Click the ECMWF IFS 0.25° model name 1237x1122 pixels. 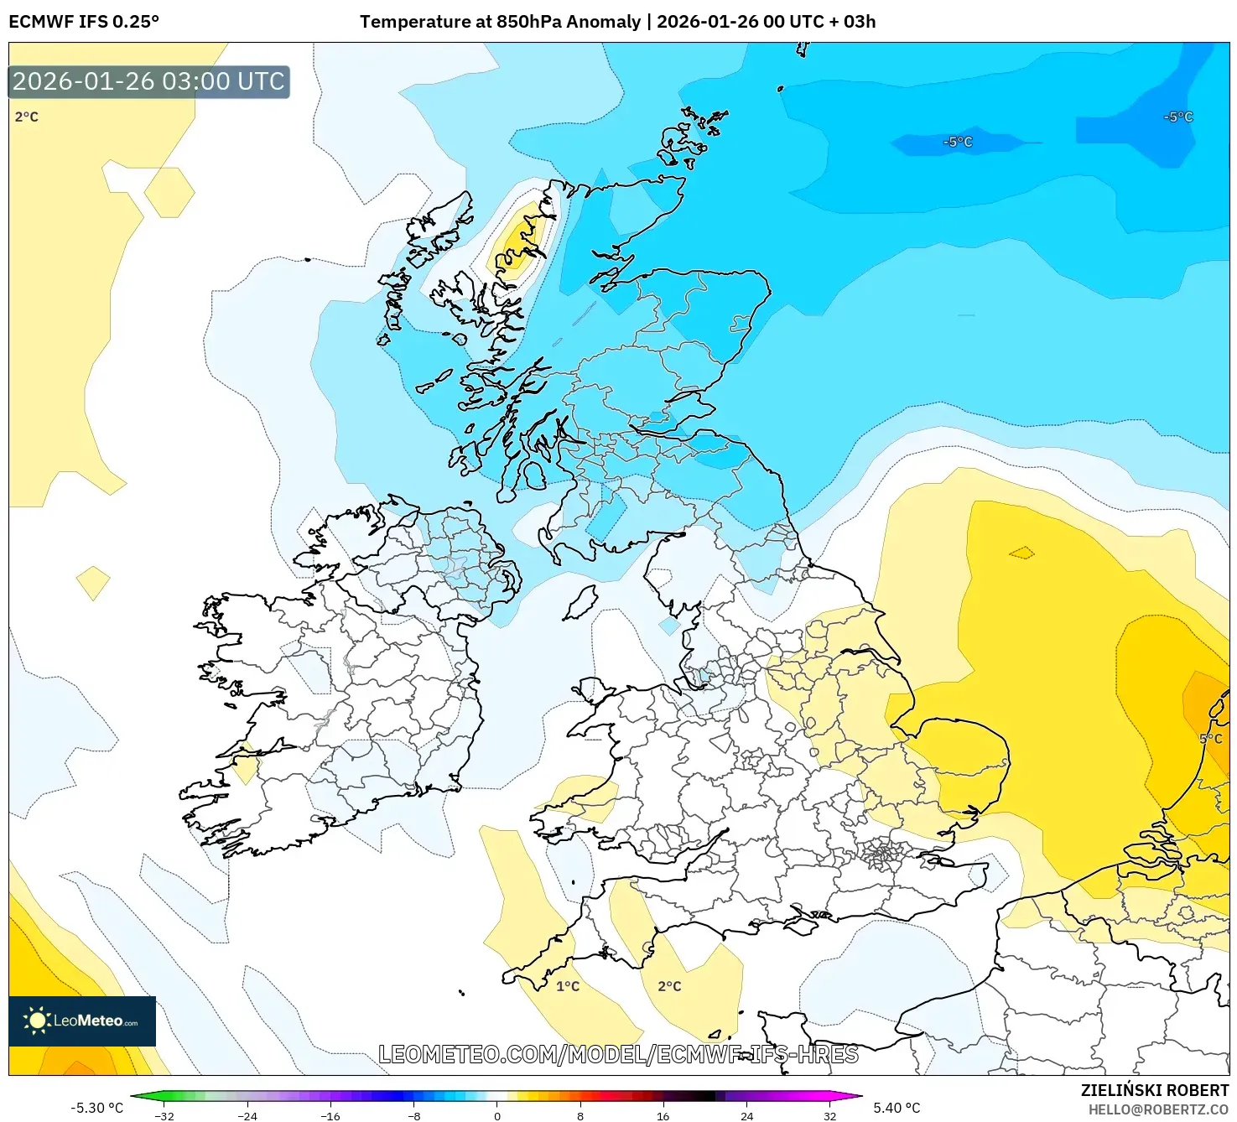(84, 22)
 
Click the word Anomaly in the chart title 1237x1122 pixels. (603, 22)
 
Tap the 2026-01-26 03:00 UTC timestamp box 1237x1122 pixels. (149, 82)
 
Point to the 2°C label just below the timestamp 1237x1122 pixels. (27, 117)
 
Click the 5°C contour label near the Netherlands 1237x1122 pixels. (1210, 739)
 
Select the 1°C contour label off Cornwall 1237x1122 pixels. (568, 986)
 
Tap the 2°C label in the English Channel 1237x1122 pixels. (669, 986)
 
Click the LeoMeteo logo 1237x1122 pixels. (82, 1021)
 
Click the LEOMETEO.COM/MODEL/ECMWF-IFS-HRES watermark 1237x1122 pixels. (618, 1054)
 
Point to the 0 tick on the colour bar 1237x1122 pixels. (497, 1116)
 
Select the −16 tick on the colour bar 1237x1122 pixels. (330, 1116)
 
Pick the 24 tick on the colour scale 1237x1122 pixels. (746, 1116)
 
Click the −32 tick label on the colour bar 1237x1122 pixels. (164, 1116)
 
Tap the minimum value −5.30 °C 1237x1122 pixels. (96, 1108)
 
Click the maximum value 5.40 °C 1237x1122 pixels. (897, 1108)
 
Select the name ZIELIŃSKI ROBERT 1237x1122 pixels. (1155, 1090)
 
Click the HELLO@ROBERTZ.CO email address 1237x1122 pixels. (1158, 1110)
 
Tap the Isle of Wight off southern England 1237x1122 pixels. (803, 926)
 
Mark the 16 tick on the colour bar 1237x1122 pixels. (663, 1116)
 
